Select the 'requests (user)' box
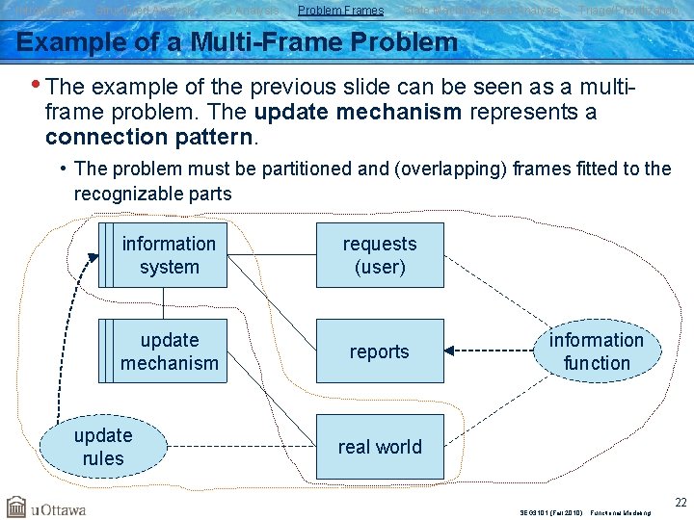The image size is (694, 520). coord(380,255)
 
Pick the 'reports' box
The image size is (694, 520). coord(380,351)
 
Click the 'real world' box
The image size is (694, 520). coord(380,447)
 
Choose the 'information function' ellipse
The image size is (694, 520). coord(597,351)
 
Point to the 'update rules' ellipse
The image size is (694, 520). coord(103,447)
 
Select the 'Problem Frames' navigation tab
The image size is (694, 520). coord(341,11)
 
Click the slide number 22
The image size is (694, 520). coord(680,503)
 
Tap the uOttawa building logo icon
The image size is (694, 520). coord(16,507)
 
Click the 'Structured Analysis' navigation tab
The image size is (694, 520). coord(146,11)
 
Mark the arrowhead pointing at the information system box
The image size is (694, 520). coord(93,257)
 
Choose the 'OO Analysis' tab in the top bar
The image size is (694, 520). coord(246,11)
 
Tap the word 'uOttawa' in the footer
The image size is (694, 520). coord(60,507)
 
